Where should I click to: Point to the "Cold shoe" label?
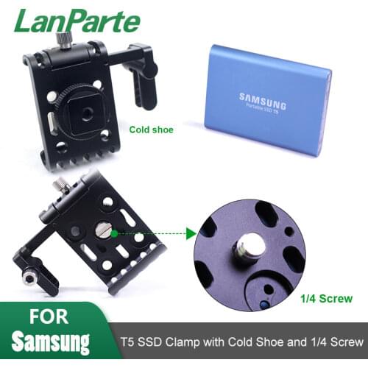pyautogui.click(x=151, y=130)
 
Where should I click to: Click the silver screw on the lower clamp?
pyautogui.click(x=105, y=233)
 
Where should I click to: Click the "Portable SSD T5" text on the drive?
pyautogui.click(x=258, y=106)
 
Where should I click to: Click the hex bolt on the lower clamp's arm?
pyautogui.click(x=29, y=279)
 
